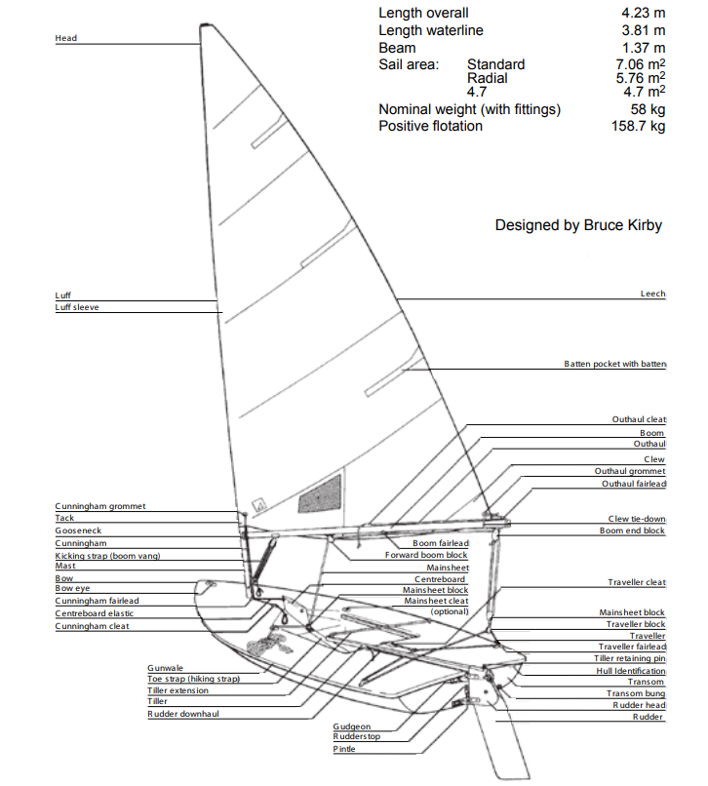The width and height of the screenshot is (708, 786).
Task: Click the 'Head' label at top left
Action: [x=66, y=38]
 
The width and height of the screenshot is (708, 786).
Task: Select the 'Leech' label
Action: [x=652, y=293]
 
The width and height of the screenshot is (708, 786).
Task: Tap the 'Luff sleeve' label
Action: [x=77, y=307]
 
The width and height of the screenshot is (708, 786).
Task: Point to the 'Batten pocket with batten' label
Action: [x=614, y=364]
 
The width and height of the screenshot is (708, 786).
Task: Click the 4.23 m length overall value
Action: [x=644, y=14]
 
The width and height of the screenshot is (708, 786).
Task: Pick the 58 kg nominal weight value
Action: [x=648, y=110]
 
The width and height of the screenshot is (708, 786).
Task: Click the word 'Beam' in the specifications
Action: [x=397, y=48]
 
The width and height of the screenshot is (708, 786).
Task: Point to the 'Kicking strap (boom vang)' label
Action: [x=106, y=555]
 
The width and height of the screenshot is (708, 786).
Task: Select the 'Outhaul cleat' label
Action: [x=639, y=419]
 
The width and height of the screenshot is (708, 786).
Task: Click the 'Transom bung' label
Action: [x=638, y=693]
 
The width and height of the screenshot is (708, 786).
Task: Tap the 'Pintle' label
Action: [x=344, y=749]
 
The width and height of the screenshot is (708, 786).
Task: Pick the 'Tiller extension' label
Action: [x=177, y=690]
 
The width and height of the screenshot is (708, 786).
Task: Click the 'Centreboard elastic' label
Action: [x=95, y=613]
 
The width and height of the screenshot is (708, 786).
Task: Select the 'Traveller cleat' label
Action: [x=637, y=582]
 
